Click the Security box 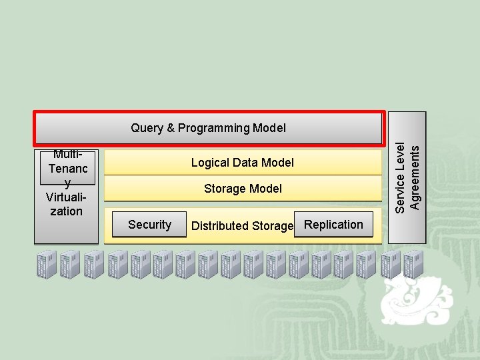click(x=149, y=225)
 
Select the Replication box click(x=333, y=225)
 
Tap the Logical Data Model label click(x=242, y=163)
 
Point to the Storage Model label click(x=243, y=189)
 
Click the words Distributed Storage click(x=242, y=226)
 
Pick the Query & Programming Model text click(x=208, y=128)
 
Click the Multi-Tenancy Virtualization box click(x=67, y=193)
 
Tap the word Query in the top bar click(x=146, y=128)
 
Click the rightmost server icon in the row click(x=413, y=265)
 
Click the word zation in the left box click(x=67, y=211)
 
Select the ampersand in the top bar click(x=168, y=128)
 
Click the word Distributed click(x=221, y=226)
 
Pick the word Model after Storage click(x=267, y=189)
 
